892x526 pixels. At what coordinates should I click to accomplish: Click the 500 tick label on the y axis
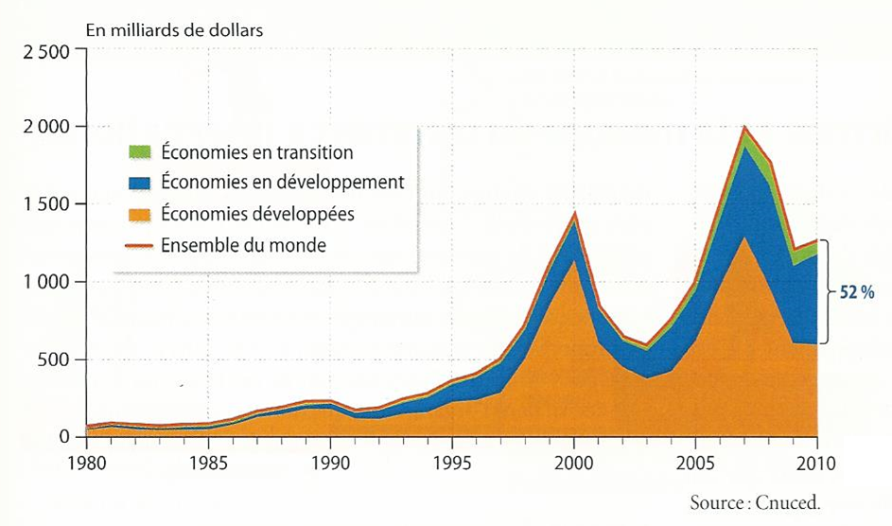click(56, 359)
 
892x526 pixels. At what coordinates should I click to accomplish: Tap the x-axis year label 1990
click(329, 465)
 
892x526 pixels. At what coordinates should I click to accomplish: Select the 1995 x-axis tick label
click(451, 465)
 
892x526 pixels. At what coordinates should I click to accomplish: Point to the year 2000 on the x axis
click(573, 465)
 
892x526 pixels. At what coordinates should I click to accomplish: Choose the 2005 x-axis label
click(695, 465)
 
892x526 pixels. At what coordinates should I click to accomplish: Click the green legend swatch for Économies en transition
click(140, 151)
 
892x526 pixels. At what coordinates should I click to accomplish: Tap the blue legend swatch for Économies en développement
click(140, 183)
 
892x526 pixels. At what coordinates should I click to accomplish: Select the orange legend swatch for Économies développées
click(140, 214)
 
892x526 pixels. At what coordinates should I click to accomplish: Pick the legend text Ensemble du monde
click(244, 246)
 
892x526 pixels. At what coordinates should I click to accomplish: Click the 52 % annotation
click(855, 293)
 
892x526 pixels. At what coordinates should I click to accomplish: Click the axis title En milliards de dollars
click(174, 28)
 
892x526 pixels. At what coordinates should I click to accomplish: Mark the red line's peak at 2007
click(744, 127)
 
